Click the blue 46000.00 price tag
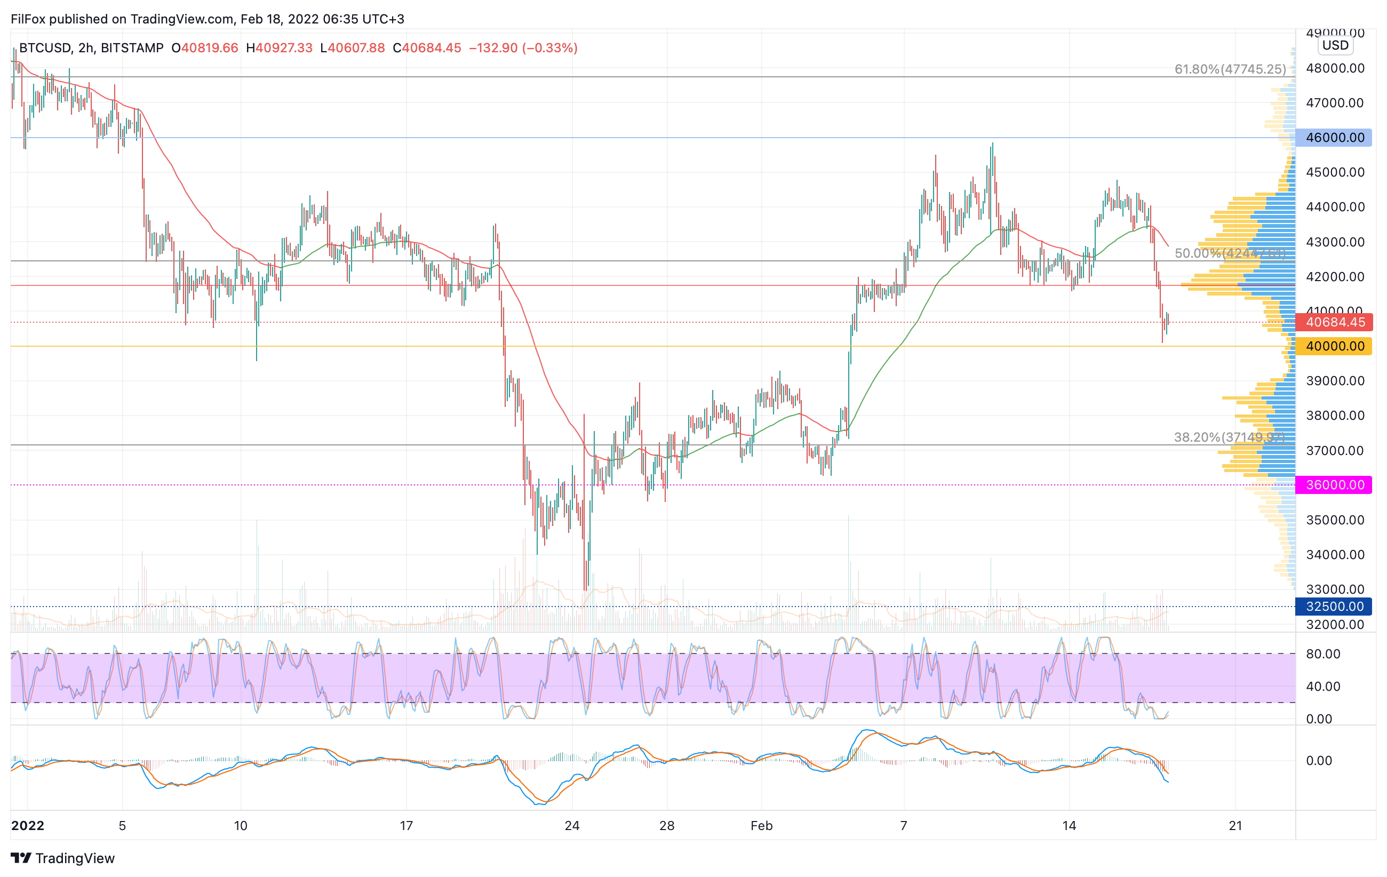[1334, 138]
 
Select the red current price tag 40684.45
[1334, 322]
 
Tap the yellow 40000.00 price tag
[1334, 346]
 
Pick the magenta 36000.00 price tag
[1334, 485]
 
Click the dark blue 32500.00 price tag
[1334, 607]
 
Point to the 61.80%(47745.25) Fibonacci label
[1230, 69]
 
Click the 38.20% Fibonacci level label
[1229, 437]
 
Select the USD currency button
[1335, 45]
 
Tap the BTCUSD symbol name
[45, 48]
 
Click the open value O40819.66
[204, 48]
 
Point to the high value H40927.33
[280, 48]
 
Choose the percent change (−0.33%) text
[549, 48]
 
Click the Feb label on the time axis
[761, 826]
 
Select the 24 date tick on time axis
[572, 826]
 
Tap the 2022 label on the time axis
[28, 826]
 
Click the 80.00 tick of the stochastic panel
[1323, 653]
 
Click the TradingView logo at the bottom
[63, 858]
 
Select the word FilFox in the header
[28, 19]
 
